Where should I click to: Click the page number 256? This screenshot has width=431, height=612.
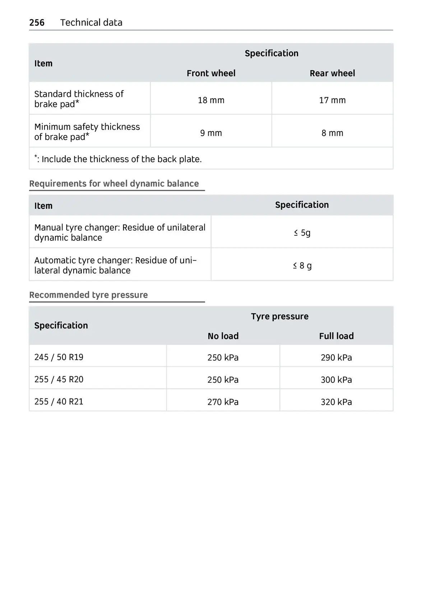point(37,23)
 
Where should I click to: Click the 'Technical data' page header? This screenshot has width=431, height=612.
point(91,23)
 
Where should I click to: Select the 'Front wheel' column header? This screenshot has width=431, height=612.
point(211,73)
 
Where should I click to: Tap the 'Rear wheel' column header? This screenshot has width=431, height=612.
point(332,73)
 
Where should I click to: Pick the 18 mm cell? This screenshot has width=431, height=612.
point(211,100)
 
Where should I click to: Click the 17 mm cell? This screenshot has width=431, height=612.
point(332,100)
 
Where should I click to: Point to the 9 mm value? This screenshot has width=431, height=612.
point(211,133)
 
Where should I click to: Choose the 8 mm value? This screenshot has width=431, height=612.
point(332,133)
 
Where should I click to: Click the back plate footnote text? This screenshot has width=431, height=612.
point(118,159)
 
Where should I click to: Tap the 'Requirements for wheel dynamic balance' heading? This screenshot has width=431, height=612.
point(114,184)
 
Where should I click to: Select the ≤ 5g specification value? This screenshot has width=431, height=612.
point(302,233)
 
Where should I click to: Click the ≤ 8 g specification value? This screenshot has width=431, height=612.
point(302,266)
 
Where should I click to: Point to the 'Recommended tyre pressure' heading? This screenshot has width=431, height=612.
point(88,295)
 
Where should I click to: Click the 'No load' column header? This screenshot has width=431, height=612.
point(223,336)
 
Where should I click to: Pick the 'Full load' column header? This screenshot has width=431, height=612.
point(336,336)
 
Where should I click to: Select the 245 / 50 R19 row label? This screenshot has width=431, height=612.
point(59,357)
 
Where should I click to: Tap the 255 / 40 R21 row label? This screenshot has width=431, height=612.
point(59,401)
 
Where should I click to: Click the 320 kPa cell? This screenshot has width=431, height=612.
point(336,402)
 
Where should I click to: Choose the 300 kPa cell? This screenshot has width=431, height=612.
point(336,380)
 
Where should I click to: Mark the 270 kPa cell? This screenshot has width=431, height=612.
point(223,402)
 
